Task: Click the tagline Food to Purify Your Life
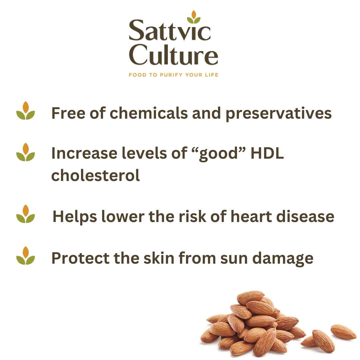[173, 75]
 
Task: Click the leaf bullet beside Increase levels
[26, 152]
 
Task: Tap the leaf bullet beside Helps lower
[26, 214]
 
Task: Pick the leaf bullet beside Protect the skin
[26, 256]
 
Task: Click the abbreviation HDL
[266, 153]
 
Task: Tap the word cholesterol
[95, 175]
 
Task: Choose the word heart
[251, 217]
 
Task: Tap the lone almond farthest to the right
[343, 331]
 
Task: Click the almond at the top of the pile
[250, 297]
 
